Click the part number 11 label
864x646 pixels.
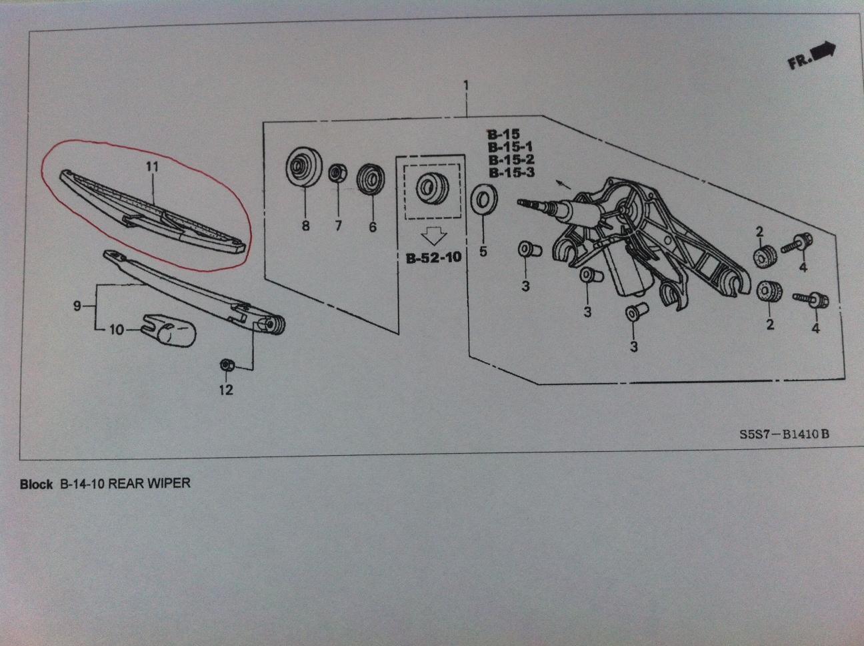pos(153,166)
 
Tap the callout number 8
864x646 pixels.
pos(305,226)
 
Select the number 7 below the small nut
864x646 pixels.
pos(338,226)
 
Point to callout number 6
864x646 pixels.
pos(372,227)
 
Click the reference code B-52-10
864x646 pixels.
pos(433,258)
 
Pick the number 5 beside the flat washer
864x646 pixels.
pos(483,252)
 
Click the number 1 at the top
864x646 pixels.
pos(466,85)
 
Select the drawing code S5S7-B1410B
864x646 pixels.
pos(785,434)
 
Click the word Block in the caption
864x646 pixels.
pos(36,484)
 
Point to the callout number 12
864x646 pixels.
pos(226,389)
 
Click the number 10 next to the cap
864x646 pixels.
pos(117,329)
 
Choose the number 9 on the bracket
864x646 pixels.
pos(78,306)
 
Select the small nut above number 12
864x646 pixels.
pos(226,366)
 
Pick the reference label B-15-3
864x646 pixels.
pos(511,172)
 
